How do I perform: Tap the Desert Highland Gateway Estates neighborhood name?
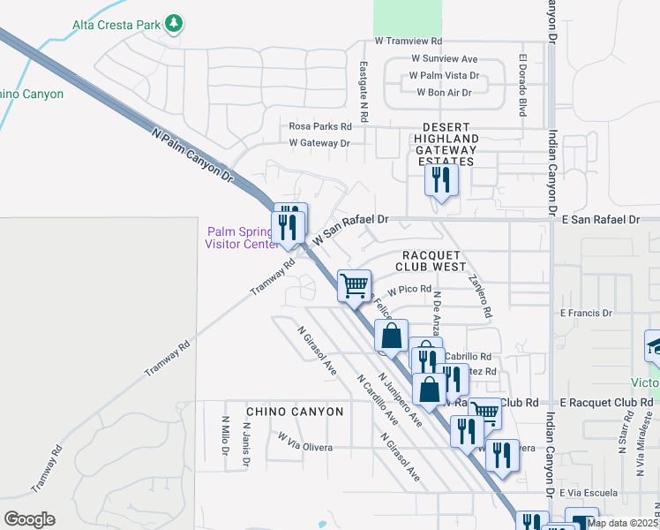point(447,140)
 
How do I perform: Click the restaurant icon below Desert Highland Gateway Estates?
point(439,180)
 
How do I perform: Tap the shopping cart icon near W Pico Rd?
point(354,284)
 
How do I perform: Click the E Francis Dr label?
point(586,313)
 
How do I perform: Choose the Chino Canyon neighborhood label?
point(295,412)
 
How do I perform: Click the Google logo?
point(30,519)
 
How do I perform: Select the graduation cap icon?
point(655,344)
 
